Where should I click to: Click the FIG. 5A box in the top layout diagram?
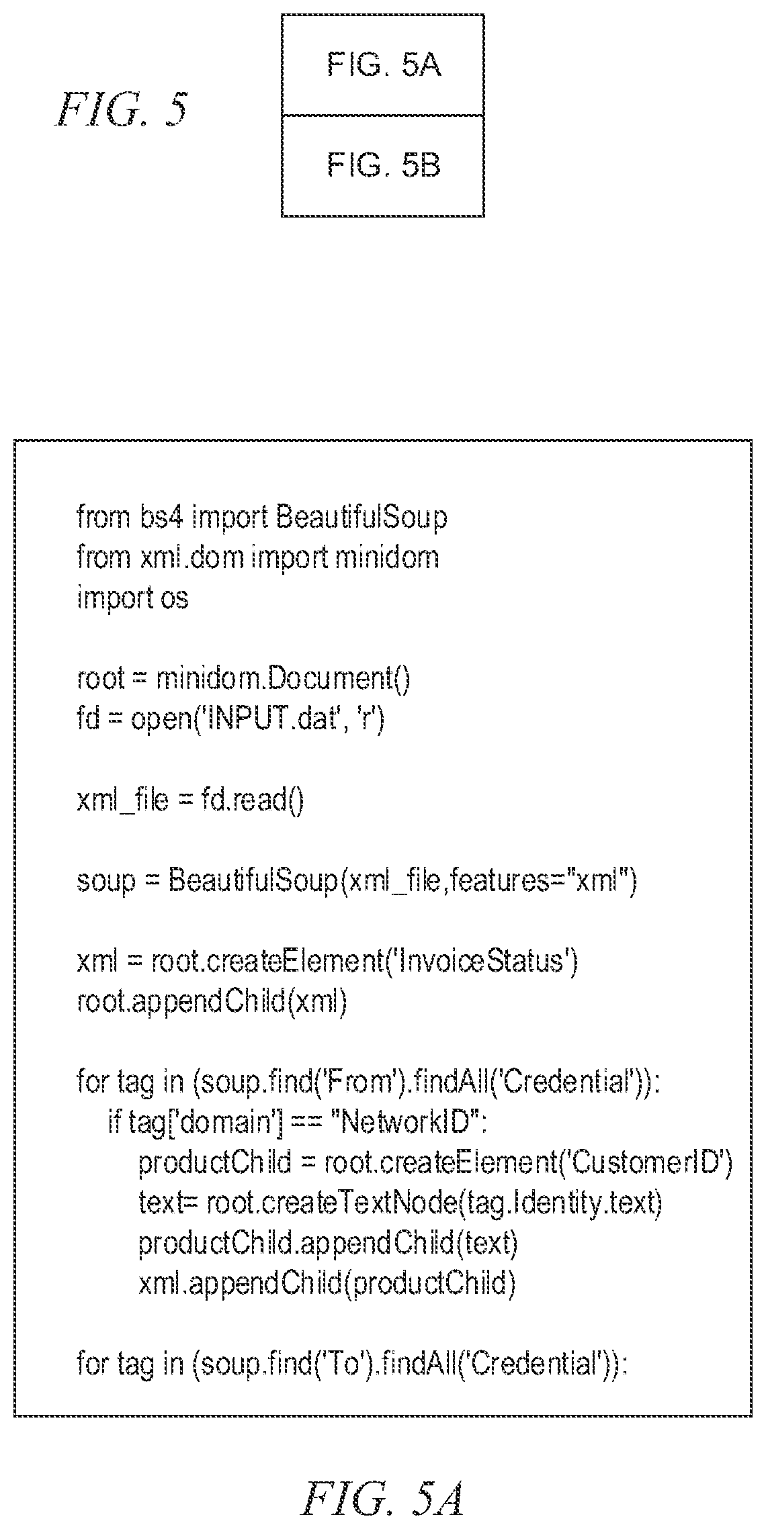point(382,64)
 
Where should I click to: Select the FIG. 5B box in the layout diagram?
point(382,166)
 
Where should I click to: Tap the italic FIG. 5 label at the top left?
point(122,110)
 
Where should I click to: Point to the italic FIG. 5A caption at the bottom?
point(382,1479)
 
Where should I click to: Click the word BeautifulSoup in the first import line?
point(361,518)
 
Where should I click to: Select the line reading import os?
point(133,598)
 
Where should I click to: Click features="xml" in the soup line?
point(544,881)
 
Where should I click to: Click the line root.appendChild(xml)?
point(212,1003)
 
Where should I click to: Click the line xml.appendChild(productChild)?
point(327,1285)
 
